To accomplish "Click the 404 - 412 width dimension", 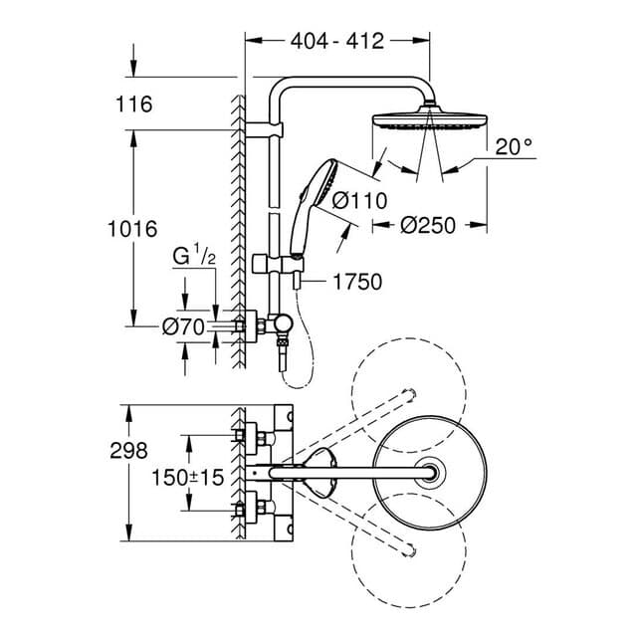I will click(x=336, y=41).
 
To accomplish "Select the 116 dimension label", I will click(x=132, y=104).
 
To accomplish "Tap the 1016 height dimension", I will click(x=131, y=229).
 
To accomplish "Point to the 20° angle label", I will click(x=514, y=146).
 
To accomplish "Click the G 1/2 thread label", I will click(x=194, y=257).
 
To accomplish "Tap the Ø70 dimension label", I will click(x=183, y=324).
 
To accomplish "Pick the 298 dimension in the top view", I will click(x=128, y=449).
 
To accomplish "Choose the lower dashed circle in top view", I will click(x=408, y=553).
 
